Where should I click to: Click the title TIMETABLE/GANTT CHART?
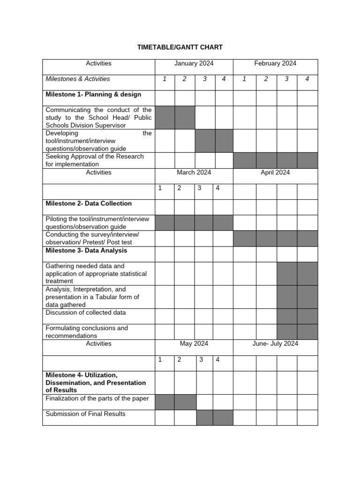pos(180,47)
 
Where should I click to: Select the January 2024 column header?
pos(194,63)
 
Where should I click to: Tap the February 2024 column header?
pos(275,63)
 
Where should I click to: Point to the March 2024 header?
pos(194,172)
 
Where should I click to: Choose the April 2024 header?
pos(275,172)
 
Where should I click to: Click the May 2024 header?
pos(194,344)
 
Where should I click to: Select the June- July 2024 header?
pos(275,344)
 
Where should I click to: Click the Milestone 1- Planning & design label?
pos(93,94)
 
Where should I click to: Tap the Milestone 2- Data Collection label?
pos(89,203)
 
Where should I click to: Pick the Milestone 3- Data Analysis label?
pos(86,250)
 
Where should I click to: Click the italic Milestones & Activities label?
pos(78,79)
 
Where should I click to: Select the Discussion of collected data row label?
pos(86,313)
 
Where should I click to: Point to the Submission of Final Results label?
pos(86,414)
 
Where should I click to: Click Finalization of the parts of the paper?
pos(97,398)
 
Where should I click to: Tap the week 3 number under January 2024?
pos(205,79)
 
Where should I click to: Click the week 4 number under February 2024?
pos(307,79)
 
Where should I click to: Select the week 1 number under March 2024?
pos(160,188)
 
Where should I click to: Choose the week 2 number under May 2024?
pos(180,360)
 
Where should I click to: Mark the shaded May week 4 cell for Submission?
pos(223,417)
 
